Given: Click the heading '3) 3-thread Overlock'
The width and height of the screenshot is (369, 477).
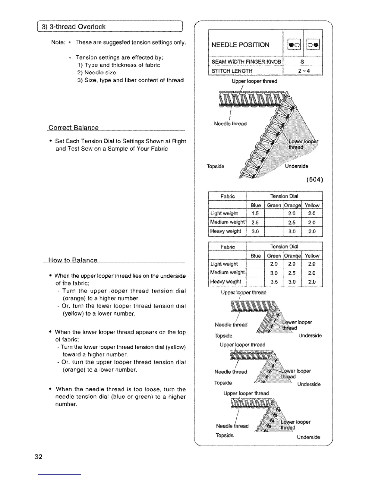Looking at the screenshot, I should (x=74, y=26).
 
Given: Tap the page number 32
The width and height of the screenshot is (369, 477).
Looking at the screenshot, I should (x=38, y=457).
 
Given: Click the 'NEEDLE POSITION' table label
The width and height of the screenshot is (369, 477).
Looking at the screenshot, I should (x=240, y=45).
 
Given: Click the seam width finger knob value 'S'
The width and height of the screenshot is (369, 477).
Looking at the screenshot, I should (x=302, y=62).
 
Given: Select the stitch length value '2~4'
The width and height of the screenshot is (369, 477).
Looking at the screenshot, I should (x=302, y=71).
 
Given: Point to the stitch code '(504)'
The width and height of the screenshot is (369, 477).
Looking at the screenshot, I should (x=314, y=180).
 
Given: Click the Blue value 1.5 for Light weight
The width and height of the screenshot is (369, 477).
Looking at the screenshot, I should (x=255, y=214).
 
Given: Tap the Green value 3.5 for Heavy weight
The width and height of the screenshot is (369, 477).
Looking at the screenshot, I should (x=274, y=282).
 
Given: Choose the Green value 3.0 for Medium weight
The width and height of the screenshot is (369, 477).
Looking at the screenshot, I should (x=274, y=273).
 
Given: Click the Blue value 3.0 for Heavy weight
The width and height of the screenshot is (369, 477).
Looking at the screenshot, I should (x=255, y=231).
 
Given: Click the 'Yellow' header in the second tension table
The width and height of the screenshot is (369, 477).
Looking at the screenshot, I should (x=312, y=256).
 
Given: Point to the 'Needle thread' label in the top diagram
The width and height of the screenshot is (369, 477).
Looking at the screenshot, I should (x=230, y=123).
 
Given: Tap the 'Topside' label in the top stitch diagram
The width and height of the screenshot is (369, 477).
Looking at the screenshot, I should (x=215, y=166).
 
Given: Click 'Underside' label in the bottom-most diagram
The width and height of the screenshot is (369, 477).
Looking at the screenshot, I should (x=308, y=437).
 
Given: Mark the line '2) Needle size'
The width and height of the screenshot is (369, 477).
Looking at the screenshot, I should (x=96, y=73).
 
